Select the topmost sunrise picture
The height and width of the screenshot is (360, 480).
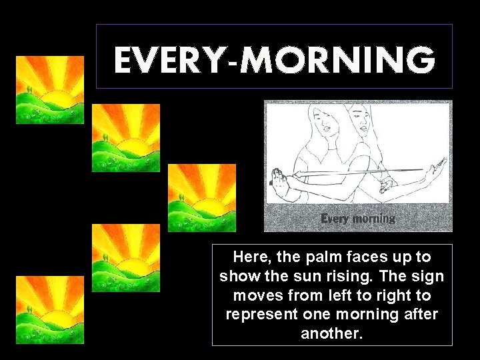pos(50,90)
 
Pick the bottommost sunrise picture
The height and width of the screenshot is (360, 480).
pos(50,310)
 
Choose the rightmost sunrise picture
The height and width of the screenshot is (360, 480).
pos(202,198)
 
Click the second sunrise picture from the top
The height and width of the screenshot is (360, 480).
pos(125,138)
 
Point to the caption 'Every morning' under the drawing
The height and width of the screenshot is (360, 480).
pos(358,219)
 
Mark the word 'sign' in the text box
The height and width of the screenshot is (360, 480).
pos(430,276)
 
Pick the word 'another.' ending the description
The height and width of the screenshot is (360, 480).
pos(332,334)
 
